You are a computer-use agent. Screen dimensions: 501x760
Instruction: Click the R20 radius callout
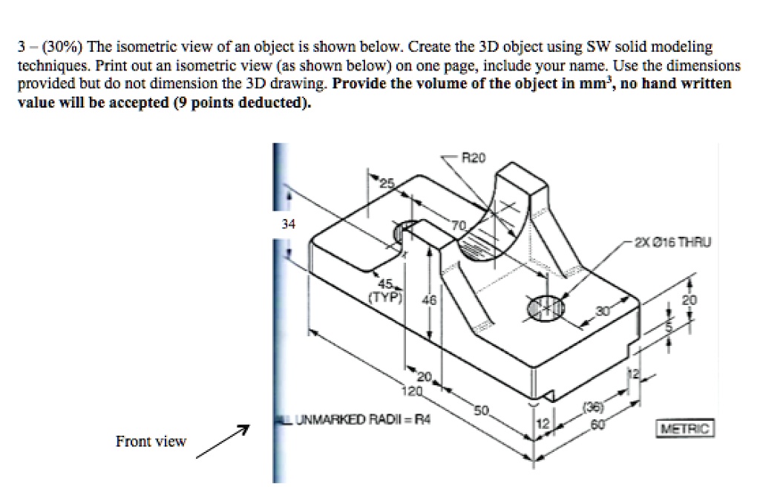(473, 158)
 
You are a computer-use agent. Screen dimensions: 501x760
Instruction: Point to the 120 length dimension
(411, 390)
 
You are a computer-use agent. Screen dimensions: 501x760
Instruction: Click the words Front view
(151, 442)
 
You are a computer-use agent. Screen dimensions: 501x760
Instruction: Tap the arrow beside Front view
(221, 443)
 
